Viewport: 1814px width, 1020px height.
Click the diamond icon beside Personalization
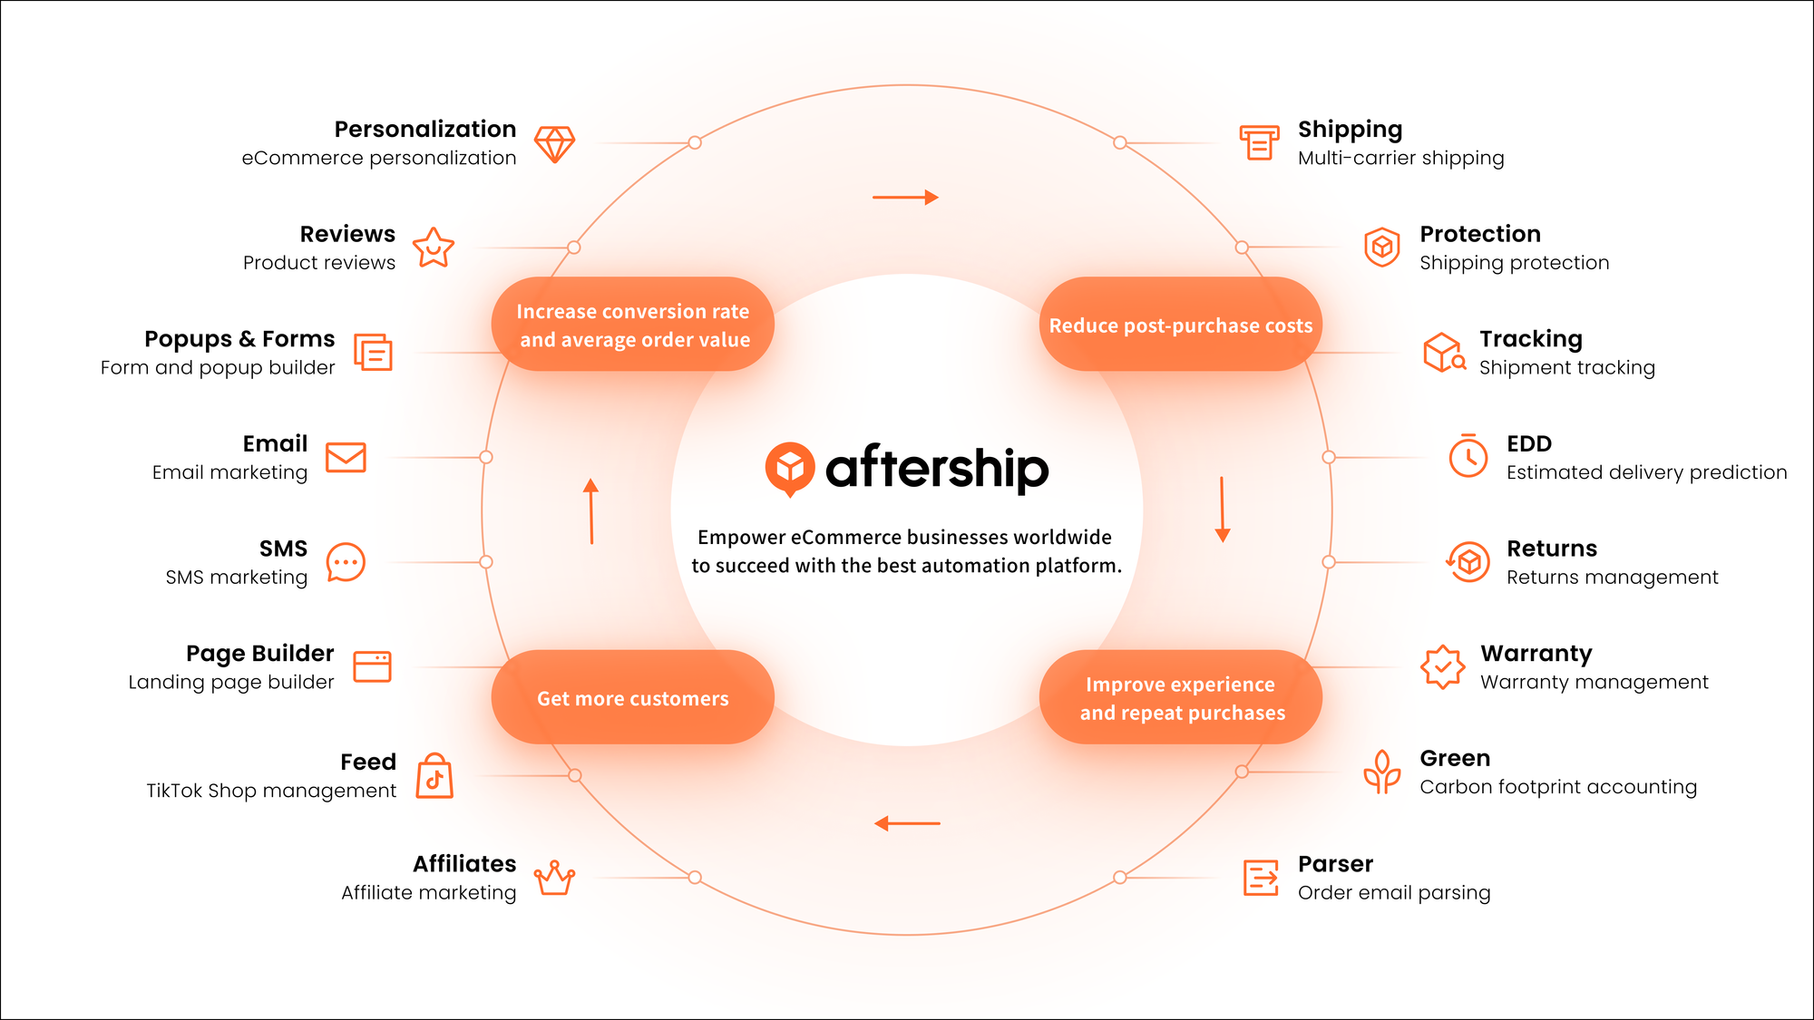coord(554,144)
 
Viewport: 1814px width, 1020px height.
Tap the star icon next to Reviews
coord(434,248)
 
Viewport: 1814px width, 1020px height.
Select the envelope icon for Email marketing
coord(346,458)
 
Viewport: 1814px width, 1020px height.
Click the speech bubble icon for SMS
coord(346,563)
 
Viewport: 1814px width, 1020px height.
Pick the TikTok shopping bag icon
coord(434,777)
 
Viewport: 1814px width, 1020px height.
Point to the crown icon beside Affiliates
coord(554,878)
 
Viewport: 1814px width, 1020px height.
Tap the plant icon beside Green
coord(1381,772)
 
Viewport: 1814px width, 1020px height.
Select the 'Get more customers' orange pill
coord(633,698)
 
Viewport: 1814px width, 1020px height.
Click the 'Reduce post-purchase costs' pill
coord(1180,325)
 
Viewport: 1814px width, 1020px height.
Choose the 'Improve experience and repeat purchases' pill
coord(1180,698)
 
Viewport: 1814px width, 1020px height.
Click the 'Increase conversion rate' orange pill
coord(633,325)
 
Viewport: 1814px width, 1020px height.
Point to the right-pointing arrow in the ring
coord(905,197)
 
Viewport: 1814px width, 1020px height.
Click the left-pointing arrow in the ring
coord(907,823)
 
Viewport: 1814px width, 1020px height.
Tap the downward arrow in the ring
coord(1222,510)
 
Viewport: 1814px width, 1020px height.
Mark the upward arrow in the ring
coord(591,511)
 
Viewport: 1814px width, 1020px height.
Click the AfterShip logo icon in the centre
coord(789,468)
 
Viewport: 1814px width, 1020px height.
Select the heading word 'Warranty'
coord(1536,654)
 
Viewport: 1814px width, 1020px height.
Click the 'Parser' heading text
coord(1335,864)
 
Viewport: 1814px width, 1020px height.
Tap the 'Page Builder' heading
coord(259,654)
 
